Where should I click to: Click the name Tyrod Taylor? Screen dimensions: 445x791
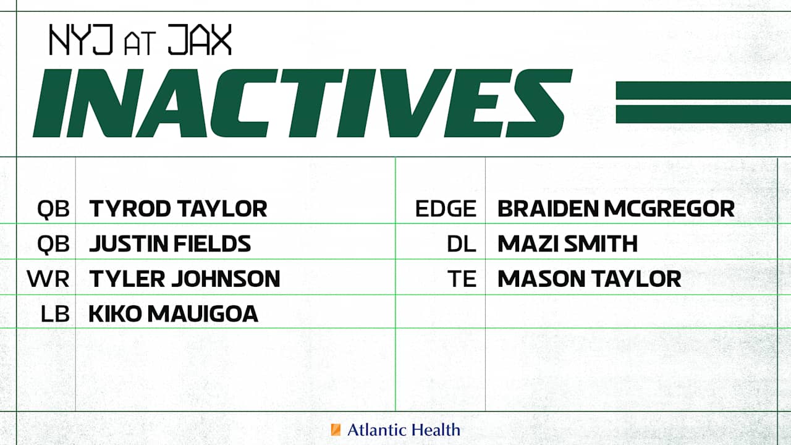pyautogui.click(x=178, y=209)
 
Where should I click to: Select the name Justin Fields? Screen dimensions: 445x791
pyautogui.click(x=170, y=244)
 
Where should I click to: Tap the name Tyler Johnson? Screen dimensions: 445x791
pyautogui.click(x=184, y=279)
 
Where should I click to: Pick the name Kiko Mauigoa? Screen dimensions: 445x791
pyautogui.click(x=173, y=315)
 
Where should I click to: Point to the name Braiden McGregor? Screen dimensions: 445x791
pyautogui.click(x=615, y=209)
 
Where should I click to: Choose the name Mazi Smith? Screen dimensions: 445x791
pyautogui.click(x=567, y=244)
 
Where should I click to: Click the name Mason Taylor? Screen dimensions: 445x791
pyautogui.click(x=589, y=279)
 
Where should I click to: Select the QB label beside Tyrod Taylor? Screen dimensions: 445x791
pyautogui.click(x=53, y=209)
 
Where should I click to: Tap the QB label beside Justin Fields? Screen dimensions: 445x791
pyautogui.click(x=53, y=244)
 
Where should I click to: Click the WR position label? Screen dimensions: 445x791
pyautogui.click(x=48, y=279)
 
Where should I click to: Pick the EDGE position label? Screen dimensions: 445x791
pyautogui.click(x=446, y=209)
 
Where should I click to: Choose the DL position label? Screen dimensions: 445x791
pyautogui.click(x=462, y=244)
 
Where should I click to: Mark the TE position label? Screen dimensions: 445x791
pyautogui.click(x=463, y=279)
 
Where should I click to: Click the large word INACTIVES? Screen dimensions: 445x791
pyautogui.click(x=302, y=103)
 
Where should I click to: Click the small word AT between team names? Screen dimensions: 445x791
pyautogui.click(x=140, y=44)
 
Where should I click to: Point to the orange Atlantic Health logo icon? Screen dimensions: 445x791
pyautogui.click(x=336, y=430)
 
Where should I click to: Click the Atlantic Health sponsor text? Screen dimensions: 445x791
pyautogui.click(x=403, y=430)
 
